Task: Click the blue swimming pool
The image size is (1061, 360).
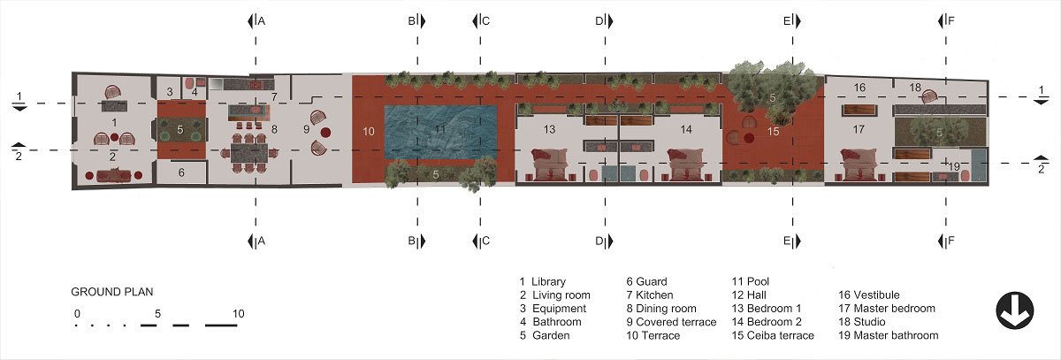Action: (440, 132)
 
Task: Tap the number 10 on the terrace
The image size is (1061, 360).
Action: (369, 132)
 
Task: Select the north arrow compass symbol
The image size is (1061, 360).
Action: (1015, 310)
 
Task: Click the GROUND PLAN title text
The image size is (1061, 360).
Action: (112, 292)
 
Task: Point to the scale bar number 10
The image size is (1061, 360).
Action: (238, 314)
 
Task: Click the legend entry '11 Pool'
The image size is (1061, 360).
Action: (751, 281)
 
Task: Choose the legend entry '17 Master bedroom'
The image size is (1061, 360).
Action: (887, 309)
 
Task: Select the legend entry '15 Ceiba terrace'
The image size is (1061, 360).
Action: (773, 335)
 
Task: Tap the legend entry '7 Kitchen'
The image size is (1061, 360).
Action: (649, 295)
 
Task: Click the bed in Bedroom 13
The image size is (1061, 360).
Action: (549, 165)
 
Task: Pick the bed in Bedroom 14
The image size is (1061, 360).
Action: (685, 165)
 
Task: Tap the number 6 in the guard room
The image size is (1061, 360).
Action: (181, 172)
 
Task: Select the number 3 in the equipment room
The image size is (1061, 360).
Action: (170, 92)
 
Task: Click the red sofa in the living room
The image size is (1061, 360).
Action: (114, 176)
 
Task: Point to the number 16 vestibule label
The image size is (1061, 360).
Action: (859, 88)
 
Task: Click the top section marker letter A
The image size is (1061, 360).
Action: (262, 21)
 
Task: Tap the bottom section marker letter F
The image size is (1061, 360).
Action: (951, 241)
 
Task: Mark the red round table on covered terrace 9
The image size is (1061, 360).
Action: (325, 132)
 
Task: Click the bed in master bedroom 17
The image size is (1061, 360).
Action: (859, 165)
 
